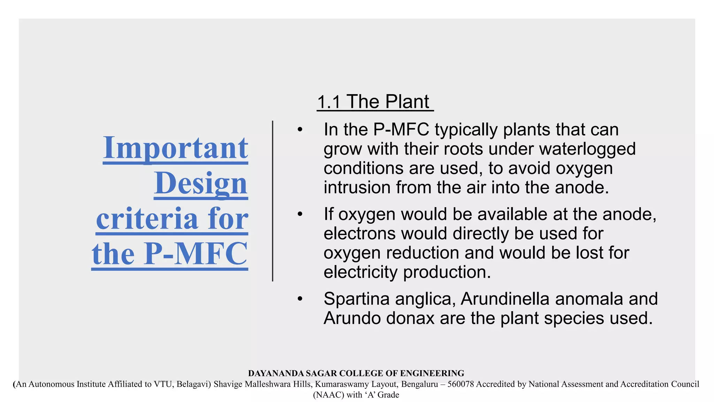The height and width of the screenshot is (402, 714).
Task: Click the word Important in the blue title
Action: [x=175, y=148]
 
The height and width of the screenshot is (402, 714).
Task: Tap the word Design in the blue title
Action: [x=201, y=184]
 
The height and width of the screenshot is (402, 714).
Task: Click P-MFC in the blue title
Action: [x=196, y=254]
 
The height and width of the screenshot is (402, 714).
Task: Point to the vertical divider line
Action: [x=273, y=201]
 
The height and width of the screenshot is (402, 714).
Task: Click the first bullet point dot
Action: [x=300, y=130]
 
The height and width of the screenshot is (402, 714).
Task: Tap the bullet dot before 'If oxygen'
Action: [x=300, y=214]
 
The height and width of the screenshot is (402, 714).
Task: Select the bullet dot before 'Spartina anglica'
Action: [x=300, y=299]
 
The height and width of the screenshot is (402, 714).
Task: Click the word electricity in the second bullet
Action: [x=360, y=272]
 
